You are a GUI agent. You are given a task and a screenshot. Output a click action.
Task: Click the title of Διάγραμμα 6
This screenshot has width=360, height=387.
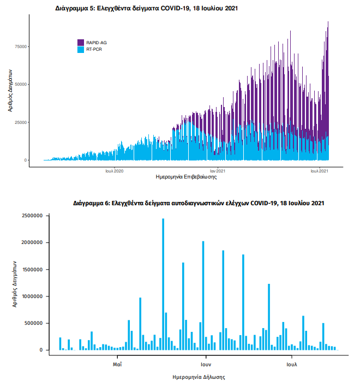pyautogui.click(x=199, y=203)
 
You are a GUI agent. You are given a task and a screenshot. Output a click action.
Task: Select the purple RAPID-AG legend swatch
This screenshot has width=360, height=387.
pyautogui.click(x=81, y=42)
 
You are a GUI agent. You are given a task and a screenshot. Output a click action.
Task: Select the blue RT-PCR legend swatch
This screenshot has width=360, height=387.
pyautogui.click(x=81, y=49)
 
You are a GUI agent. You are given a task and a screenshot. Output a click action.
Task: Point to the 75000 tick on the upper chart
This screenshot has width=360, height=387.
pyautogui.click(x=21, y=46)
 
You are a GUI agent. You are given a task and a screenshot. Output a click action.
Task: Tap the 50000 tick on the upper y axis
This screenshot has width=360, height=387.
pyautogui.click(x=21, y=84)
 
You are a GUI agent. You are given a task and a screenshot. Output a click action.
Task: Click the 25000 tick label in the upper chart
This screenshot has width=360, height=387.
pyautogui.click(x=21, y=122)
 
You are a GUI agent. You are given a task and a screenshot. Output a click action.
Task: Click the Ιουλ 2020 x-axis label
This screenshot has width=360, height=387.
pyautogui.click(x=115, y=171)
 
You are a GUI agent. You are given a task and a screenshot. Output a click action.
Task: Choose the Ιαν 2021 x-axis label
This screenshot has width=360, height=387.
pyautogui.click(x=217, y=171)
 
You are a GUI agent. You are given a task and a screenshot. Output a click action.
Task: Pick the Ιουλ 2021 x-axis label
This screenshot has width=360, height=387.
pyautogui.click(x=319, y=171)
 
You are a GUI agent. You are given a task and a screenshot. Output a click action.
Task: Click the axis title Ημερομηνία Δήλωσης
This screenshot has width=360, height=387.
pyautogui.click(x=199, y=377)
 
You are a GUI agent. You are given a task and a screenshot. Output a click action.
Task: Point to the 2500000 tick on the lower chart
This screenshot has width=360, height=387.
pyautogui.click(x=32, y=216)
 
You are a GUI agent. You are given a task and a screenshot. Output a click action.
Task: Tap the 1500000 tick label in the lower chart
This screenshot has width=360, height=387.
pyautogui.click(x=32, y=270)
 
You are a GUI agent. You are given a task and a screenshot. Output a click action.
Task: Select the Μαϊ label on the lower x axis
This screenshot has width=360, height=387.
pyautogui.click(x=117, y=363)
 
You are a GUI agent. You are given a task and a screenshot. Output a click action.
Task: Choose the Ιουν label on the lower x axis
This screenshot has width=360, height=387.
pyautogui.click(x=206, y=363)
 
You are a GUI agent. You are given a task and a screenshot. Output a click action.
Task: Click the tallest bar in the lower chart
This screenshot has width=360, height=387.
pyautogui.click(x=163, y=284)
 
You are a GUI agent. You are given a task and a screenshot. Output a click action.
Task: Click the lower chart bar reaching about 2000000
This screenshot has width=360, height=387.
pyautogui.click(x=203, y=295)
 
